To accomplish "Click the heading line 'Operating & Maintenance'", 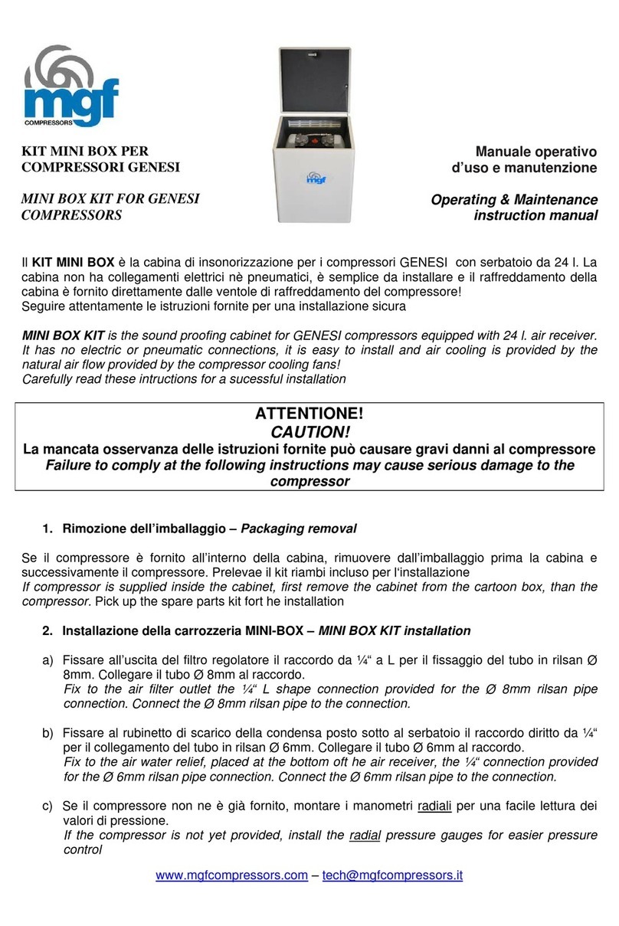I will click(x=514, y=200).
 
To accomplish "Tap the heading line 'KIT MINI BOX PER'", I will click(x=85, y=151).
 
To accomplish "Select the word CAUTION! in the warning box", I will click(x=309, y=432).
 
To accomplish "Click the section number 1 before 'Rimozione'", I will click(x=46, y=528).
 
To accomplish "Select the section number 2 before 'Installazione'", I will click(x=46, y=631).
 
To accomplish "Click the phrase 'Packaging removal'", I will click(x=300, y=528).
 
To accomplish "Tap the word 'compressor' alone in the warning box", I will click(x=309, y=482).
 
